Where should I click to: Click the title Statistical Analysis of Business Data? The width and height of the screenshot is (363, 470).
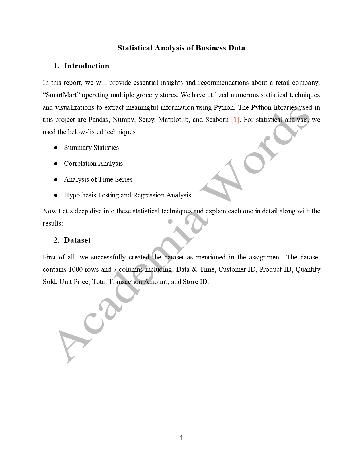181,48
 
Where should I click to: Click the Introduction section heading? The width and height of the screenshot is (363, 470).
86,66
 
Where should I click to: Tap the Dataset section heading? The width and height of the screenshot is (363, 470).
77,240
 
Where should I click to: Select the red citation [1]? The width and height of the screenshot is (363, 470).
235,120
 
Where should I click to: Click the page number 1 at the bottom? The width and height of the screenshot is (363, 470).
181,438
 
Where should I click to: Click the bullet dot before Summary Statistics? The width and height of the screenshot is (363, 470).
56,148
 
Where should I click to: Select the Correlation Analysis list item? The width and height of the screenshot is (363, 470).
93,164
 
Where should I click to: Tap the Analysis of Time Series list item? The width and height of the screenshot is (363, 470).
98,179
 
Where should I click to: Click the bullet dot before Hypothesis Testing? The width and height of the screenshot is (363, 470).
56,195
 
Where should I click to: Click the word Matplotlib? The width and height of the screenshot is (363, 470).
173,120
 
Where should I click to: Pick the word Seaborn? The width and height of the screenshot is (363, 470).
217,120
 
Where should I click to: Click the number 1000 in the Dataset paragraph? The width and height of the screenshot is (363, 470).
75,269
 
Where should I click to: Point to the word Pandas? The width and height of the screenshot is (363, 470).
99,120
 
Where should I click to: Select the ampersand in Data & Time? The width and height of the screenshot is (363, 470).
194,269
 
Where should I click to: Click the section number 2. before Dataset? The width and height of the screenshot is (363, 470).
56,240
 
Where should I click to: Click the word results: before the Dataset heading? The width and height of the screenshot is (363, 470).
53,223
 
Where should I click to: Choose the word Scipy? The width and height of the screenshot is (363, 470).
147,120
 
